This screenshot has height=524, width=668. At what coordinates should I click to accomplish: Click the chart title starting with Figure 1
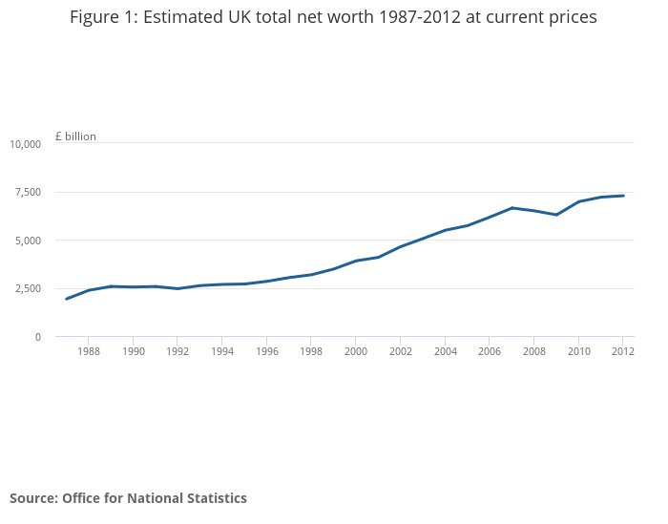[333, 18]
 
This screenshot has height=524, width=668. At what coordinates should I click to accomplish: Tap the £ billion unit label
[75, 136]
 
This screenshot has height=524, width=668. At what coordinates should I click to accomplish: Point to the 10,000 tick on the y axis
[26, 144]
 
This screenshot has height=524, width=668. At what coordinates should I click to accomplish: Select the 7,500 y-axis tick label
[29, 192]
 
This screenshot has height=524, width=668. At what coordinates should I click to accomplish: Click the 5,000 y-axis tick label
[29, 241]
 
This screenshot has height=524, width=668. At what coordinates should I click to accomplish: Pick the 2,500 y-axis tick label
[29, 288]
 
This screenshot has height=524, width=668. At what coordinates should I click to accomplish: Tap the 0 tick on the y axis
[38, 337]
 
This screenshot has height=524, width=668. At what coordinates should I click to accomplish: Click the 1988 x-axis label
[88, 351]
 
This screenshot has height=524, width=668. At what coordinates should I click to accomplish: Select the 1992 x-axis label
[177, 351]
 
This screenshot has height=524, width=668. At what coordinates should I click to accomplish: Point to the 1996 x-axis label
[266, 351]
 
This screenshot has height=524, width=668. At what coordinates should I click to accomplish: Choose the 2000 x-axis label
[355, 351]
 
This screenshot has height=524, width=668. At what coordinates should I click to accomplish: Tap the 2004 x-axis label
[445, 351]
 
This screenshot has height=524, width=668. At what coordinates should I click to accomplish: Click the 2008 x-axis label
[533, 351]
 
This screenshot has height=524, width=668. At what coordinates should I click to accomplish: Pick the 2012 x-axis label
[622, 351]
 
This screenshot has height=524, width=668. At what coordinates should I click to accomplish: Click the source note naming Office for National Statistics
[128, 498]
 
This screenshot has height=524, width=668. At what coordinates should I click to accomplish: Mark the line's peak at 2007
[511, 208]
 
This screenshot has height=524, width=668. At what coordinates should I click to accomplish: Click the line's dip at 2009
[556, 215]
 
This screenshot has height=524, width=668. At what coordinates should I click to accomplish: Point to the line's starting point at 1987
[66, 299]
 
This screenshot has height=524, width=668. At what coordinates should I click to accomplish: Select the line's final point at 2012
[623, 196]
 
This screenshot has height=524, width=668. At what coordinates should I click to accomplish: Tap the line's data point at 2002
[400, 246]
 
